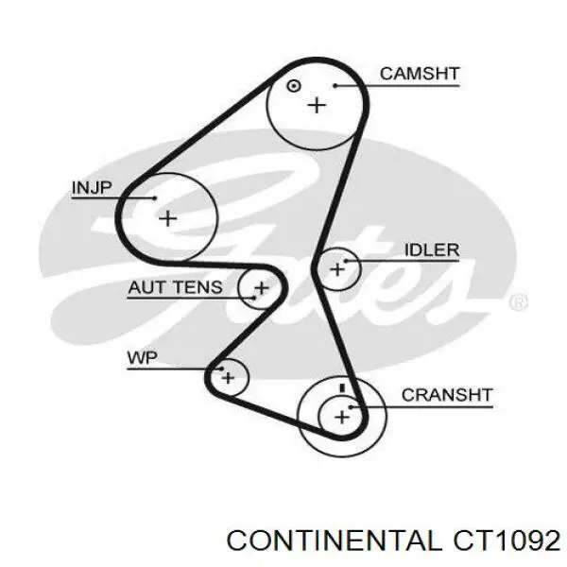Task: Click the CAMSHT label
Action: point(419,73)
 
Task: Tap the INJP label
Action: point(92,187)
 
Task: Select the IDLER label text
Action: point(431,250)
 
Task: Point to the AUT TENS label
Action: point(176,288)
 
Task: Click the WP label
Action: point(142,358)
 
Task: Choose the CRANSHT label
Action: point(447,395)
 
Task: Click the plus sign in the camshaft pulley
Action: point(316,104)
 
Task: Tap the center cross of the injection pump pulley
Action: point(167,218)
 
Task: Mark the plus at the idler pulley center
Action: point(337,270)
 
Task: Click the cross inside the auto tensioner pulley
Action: point(261,287)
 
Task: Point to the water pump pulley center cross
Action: point(227,378)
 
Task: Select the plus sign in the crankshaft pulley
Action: point(341,414)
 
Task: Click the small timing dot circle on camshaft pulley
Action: point(293,85)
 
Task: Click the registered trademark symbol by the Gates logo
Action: point(518,302)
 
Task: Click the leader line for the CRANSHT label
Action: point(425,405)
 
